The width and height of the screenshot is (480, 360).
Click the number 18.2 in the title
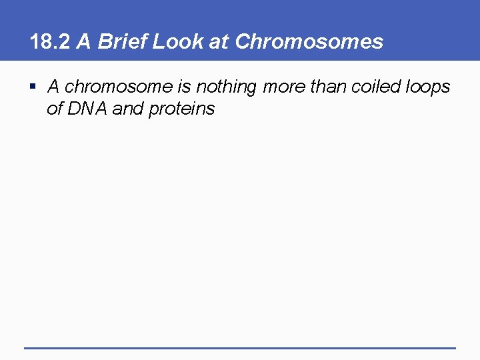[50, 42]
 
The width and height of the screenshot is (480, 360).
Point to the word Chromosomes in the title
[309, 42]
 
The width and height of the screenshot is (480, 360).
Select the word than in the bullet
[328, 87]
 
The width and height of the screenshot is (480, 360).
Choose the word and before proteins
[128, 109]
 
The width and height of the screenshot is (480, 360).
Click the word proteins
[181, 109]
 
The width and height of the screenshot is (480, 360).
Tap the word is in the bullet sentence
[185, 87]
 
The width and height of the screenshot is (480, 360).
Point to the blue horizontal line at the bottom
[240, 348]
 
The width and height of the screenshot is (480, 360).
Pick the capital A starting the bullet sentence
[54, 87]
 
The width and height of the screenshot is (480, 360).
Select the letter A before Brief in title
[83, 42]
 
